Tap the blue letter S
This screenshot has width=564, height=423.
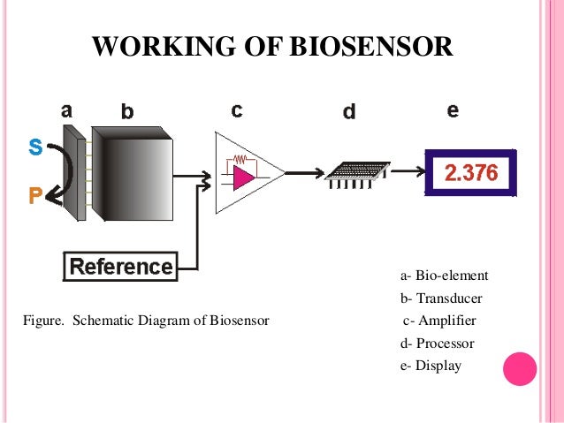coord(35,148)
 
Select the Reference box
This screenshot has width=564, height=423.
coord(121,266)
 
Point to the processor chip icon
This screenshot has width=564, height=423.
coord(356,174)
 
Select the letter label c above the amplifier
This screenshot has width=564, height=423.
coord(237,110)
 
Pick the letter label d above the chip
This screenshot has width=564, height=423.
coord(349,113)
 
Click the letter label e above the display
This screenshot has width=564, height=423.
coord(453,110)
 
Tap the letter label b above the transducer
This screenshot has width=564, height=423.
coord(127,111)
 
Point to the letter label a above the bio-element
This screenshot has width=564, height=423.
coord(67,110)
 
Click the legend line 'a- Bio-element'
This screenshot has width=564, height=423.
coord(444,276)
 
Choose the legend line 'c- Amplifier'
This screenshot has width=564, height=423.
coord(439,321)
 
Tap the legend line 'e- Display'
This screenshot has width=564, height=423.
coord(431,365)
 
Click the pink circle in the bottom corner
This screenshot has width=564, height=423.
coord(520,369)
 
